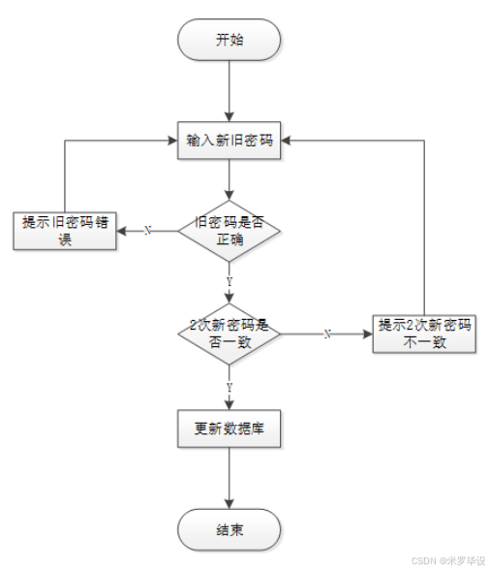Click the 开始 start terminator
(x=229, y=41)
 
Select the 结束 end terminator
(x=229, y=530)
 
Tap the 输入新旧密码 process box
(x=229, y=141)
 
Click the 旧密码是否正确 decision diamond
(x=229, y=230)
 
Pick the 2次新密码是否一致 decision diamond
(x=229, y=333)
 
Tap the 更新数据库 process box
(x=229, y=429)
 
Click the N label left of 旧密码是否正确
(x=147, y=231)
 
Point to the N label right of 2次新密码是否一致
(x=327, y=334)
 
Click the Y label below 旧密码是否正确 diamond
(x=229, y=281)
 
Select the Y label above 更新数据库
(x=229, y=386)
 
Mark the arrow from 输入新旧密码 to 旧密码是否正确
(x=229, y=180)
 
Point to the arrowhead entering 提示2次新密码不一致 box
(x=368, y=333)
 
